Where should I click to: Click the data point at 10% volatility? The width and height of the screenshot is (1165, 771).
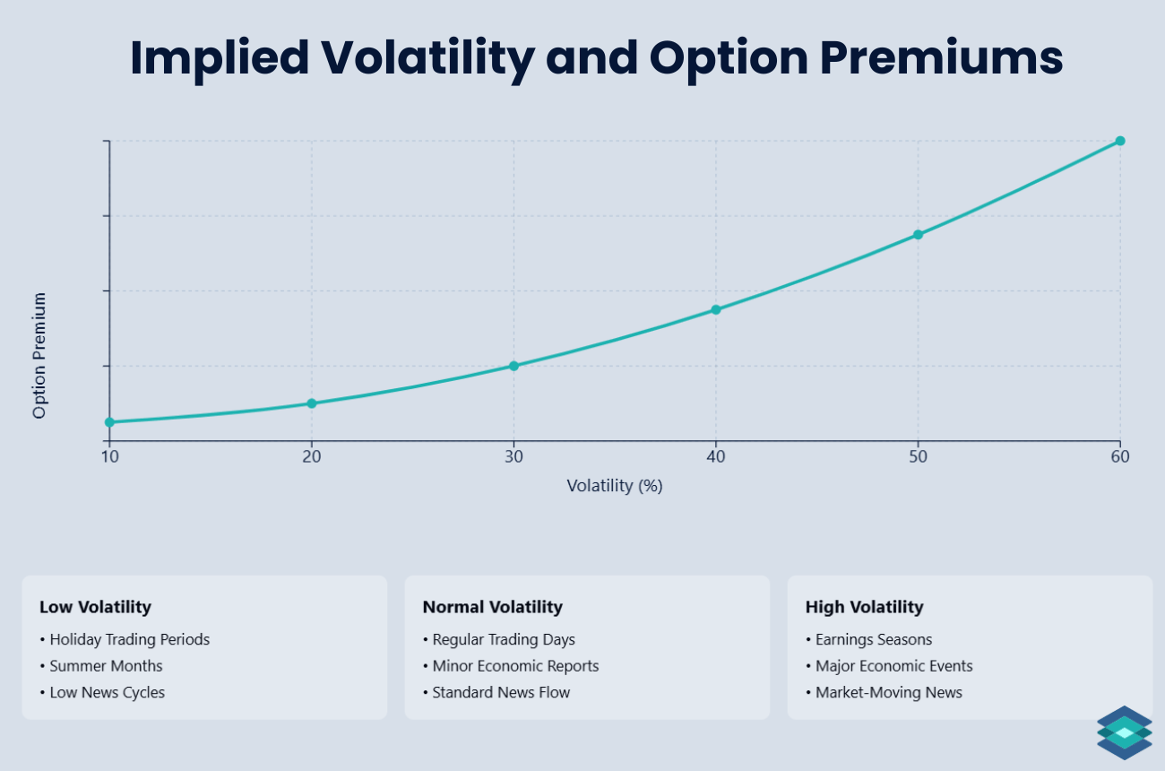109,422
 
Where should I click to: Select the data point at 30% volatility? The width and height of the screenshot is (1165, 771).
513,366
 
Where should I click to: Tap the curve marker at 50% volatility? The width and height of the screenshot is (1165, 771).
918,235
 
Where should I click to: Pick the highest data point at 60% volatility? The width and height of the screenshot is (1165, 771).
1119,141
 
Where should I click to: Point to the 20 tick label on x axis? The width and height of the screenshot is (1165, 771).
311,456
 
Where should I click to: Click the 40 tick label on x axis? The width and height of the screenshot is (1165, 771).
715,456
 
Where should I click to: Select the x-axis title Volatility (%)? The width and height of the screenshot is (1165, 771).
614,486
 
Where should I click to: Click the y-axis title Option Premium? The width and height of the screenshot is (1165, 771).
39,356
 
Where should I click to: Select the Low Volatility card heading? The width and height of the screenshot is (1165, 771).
95,607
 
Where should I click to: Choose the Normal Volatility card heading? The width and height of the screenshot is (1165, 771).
492,607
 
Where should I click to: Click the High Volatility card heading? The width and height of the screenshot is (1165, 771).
864,607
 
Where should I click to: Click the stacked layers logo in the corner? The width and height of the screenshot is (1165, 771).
1124,732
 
